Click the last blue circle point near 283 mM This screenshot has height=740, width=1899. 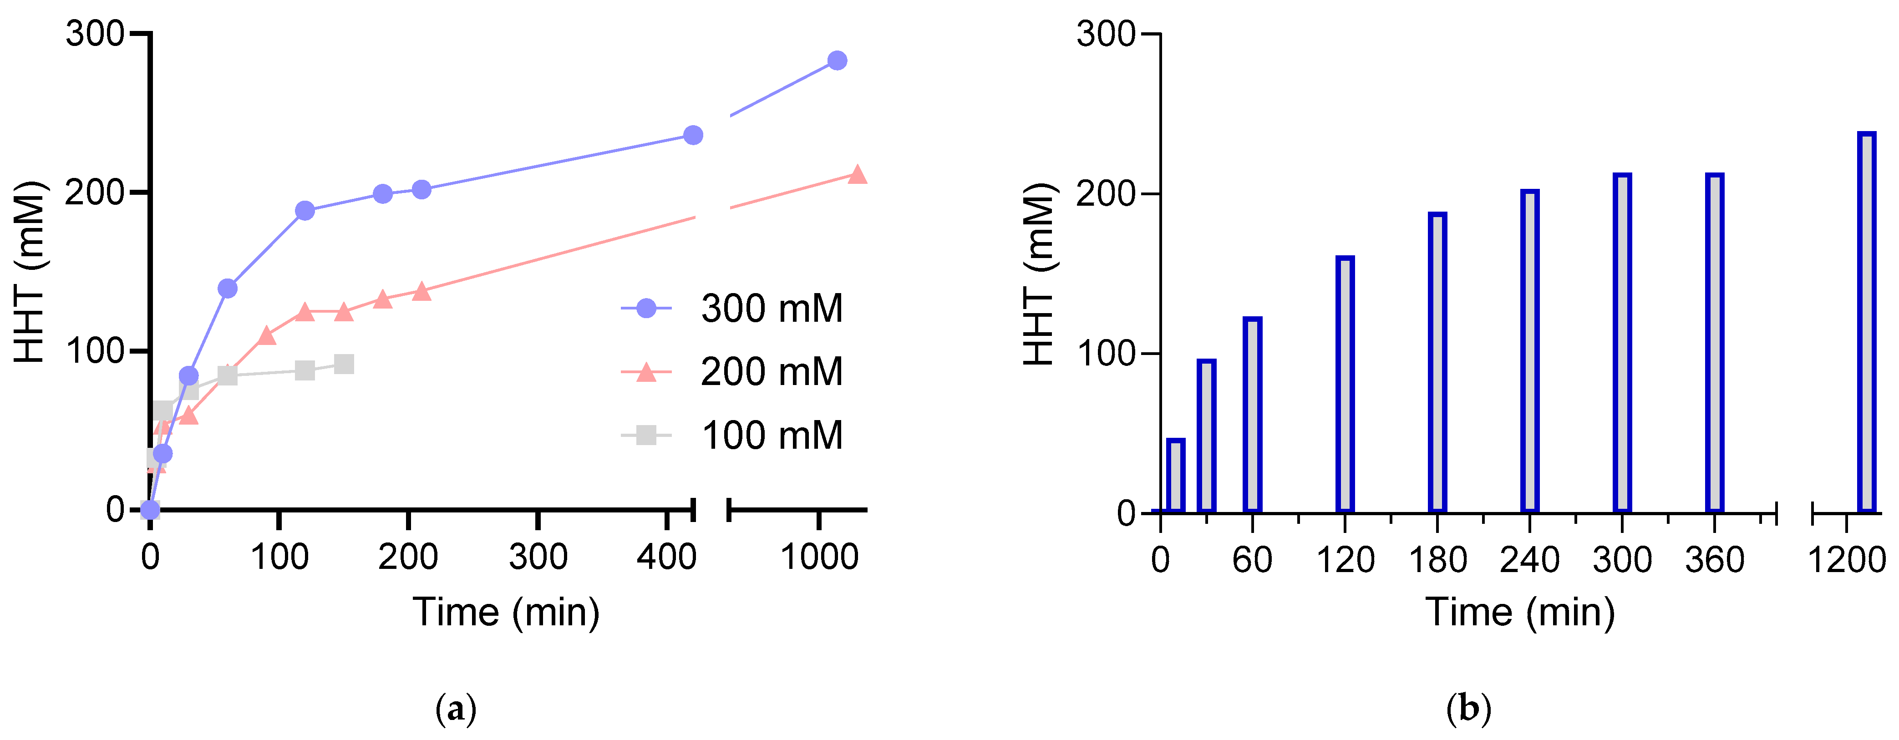837,61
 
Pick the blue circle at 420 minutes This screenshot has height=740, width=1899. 693,135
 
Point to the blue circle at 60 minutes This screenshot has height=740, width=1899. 228,288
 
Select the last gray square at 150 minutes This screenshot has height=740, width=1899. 344,364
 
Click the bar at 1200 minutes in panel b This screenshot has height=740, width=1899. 1867,322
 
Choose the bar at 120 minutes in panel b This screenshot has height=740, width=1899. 1345,384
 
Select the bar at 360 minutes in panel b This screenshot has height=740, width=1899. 1715,343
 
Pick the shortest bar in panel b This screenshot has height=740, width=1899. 1176,476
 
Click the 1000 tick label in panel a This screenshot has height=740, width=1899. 819,557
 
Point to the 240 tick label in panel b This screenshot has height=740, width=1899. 1530,560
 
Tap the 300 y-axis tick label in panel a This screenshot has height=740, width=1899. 94,34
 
